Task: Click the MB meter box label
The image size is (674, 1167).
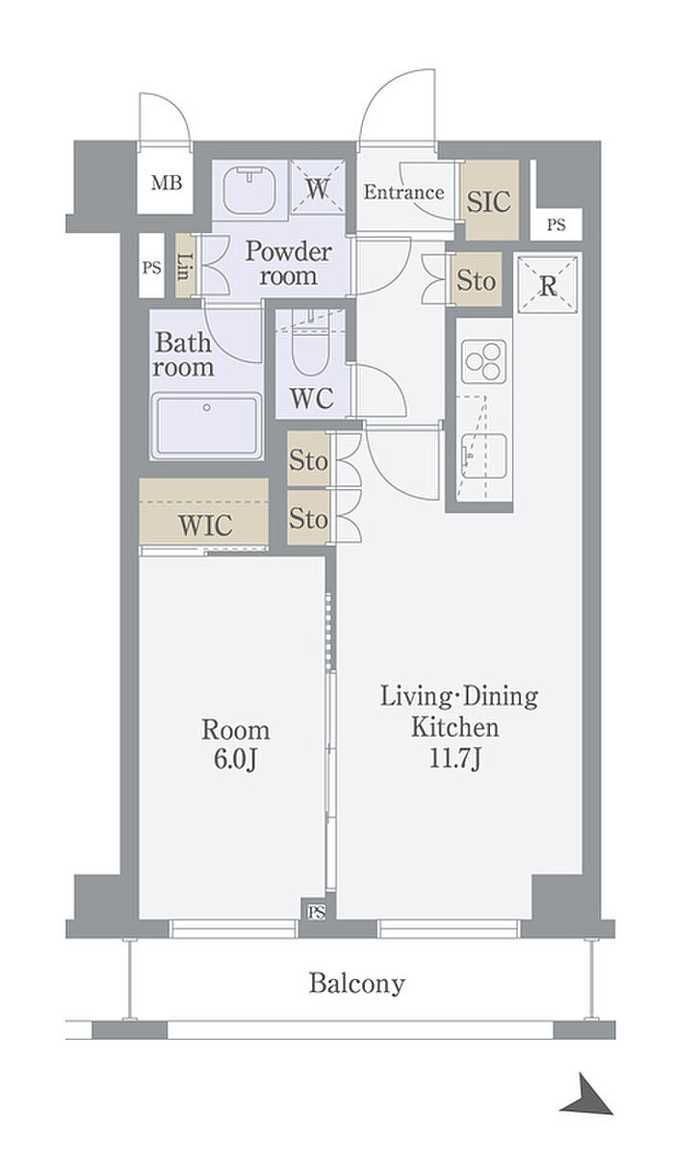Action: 167,183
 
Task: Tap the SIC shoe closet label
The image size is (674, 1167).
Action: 488,201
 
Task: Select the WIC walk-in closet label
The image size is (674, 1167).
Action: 205,525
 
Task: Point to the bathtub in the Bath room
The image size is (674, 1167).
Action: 207,426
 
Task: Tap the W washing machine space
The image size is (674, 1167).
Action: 317,188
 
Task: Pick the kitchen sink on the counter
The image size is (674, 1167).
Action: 484,455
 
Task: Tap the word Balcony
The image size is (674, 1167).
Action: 357,983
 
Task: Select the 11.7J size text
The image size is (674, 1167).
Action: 454,759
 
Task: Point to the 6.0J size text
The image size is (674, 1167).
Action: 236,759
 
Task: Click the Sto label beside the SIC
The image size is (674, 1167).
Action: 476,280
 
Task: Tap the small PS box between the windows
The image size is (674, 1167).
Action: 317,912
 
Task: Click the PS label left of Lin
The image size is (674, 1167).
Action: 152,268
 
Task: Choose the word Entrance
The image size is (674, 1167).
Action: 403,193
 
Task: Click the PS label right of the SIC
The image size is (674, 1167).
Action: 556,225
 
